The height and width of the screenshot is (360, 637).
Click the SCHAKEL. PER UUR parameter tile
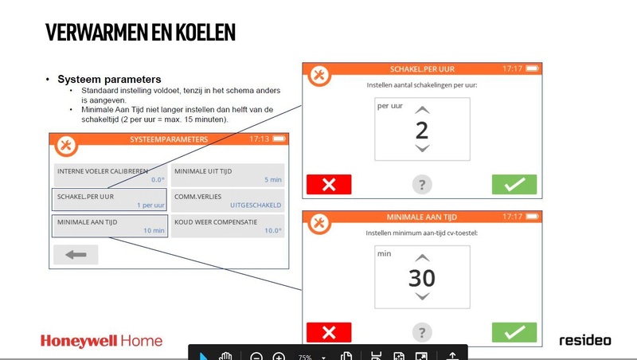tap(109, 199)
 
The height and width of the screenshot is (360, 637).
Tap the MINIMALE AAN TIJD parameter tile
tap(109, 226)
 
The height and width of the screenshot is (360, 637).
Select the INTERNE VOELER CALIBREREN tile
tap(109, 174)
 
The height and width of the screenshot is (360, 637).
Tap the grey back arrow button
tap(76, 255)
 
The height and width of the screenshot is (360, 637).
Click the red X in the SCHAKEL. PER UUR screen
tap(329, 185)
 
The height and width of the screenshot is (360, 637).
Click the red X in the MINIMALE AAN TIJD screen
tap(329, 333)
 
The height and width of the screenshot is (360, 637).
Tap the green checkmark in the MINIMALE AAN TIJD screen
tap(514, 333)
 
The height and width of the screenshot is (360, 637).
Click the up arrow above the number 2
tap(422, 110)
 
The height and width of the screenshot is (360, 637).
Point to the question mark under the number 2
tap(422, 185)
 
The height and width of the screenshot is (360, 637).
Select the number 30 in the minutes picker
tap(422, 278)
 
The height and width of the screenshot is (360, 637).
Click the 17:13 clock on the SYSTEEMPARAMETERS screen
tap(260, 139)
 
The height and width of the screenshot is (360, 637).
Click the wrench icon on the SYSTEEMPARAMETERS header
tap(66, 145)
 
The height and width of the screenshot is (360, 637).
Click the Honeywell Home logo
tap(101, 341)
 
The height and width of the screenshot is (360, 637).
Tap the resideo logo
tap(584, 340)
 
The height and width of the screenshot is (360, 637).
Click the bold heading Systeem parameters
tap(110, 80)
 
